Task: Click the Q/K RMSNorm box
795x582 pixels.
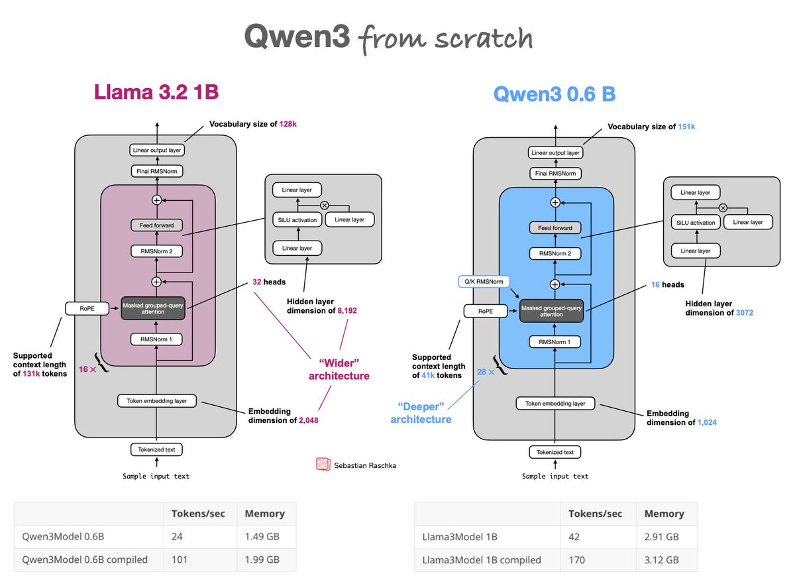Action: (484, 282)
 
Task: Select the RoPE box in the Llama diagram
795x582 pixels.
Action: (87, 309)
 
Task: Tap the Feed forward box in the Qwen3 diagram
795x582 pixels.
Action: (555, 228)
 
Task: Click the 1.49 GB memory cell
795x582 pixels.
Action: (262, 536)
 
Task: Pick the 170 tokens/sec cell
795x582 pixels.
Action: (577, 560)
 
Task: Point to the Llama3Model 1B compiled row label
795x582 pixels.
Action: (481, 560)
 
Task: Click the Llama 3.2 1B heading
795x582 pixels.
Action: (156, 92)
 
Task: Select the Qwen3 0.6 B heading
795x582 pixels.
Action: (555, 94)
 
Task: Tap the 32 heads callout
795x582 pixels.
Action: (269, 282)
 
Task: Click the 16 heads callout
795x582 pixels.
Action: (668, 284)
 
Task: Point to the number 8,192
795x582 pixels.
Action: (347, 311)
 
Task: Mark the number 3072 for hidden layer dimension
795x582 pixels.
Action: (745, 313)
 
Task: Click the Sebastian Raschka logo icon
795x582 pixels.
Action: (323, 464)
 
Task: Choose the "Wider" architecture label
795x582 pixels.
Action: (339, 370)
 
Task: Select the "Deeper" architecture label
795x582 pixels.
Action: (421, 413)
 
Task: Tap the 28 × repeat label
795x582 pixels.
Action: (486, 372)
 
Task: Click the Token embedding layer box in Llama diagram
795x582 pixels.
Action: (157, 401)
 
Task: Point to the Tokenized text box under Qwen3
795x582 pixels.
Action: (555, 452)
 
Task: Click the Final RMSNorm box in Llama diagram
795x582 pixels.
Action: (157, 171)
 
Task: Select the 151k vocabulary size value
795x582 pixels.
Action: (686, 127)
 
